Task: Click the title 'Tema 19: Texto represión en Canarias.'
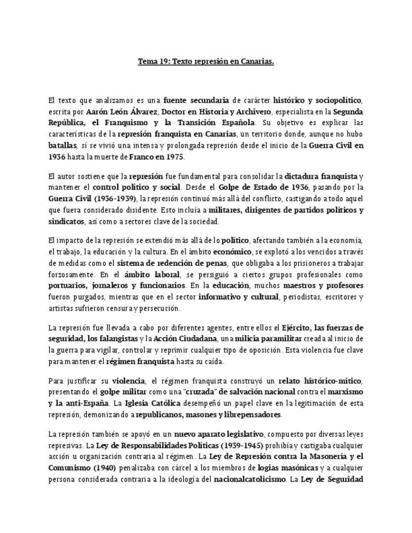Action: point(206,62)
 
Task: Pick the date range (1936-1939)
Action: point(111,199)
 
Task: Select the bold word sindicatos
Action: point(66,221)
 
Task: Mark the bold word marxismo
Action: point(345,392)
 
